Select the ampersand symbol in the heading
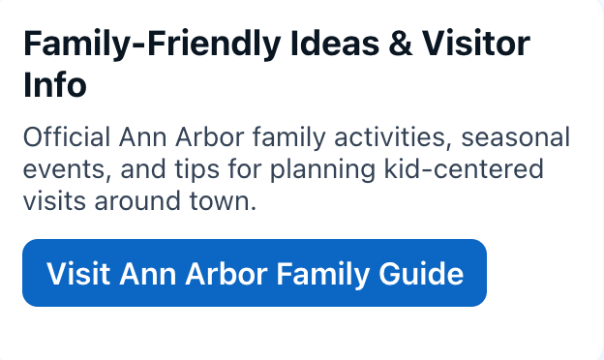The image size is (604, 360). [x=401, y=44]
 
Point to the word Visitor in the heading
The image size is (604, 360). [x=476, y=44]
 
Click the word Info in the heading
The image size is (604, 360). [x=55, y=84]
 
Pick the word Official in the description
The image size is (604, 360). [x=67, y=136]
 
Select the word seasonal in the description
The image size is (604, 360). [x=515, y=137]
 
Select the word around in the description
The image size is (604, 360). [x=137, y=201]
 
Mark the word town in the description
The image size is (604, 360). [x=219, y=202]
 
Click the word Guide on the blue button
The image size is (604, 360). [x=421, y=274]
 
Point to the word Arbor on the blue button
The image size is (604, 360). [x=226, y=274]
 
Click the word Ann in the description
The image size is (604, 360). [x=142, y=137]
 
